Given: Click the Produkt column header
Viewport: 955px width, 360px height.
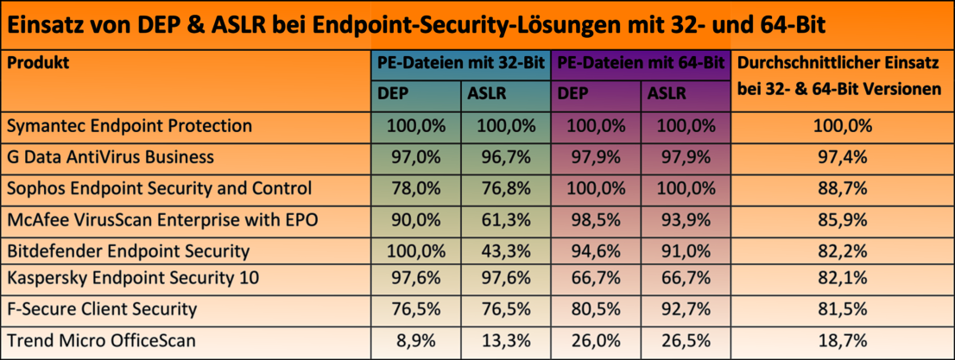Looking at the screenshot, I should tap(38, 63).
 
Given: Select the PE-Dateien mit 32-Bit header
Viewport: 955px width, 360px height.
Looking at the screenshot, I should tap(460, 63).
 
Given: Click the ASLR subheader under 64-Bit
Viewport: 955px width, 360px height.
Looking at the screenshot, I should tap(666, 93).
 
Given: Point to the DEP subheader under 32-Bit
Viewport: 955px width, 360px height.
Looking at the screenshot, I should tap(395, 93).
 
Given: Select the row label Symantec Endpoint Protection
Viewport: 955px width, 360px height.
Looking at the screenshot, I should tap(130, 126).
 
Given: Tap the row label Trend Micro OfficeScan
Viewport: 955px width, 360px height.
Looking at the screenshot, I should tap(102, 341).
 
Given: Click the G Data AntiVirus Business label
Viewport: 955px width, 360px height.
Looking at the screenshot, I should tap(110, 157).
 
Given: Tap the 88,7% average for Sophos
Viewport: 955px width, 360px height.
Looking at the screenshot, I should tap(843, 188).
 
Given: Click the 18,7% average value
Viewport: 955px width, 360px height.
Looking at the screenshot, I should tap(843, 341).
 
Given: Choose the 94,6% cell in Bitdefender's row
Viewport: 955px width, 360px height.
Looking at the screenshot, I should tap(596, 251).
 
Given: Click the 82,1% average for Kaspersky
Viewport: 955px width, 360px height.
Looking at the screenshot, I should tap(843, 279).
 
